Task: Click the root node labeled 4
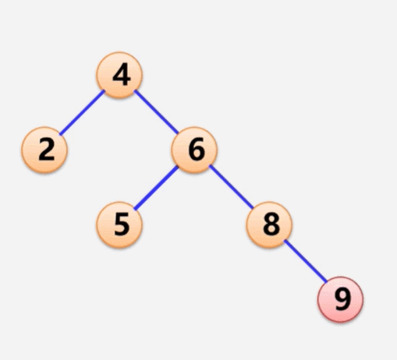119,75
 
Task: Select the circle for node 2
44,150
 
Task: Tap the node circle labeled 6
194,150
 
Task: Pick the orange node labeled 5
119,224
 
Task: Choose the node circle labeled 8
269,224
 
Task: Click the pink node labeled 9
340,299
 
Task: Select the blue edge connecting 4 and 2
82,112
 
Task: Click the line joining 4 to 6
156,112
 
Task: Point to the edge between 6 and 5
156,188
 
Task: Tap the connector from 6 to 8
231,187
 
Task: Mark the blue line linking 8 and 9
306,261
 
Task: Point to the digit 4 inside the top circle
122,76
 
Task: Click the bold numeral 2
47,149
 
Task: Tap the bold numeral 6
197,149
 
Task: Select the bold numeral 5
122,224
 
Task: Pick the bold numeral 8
271,224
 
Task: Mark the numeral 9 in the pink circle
342,299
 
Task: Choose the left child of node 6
119,224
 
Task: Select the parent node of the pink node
269,224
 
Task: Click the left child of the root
44,150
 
